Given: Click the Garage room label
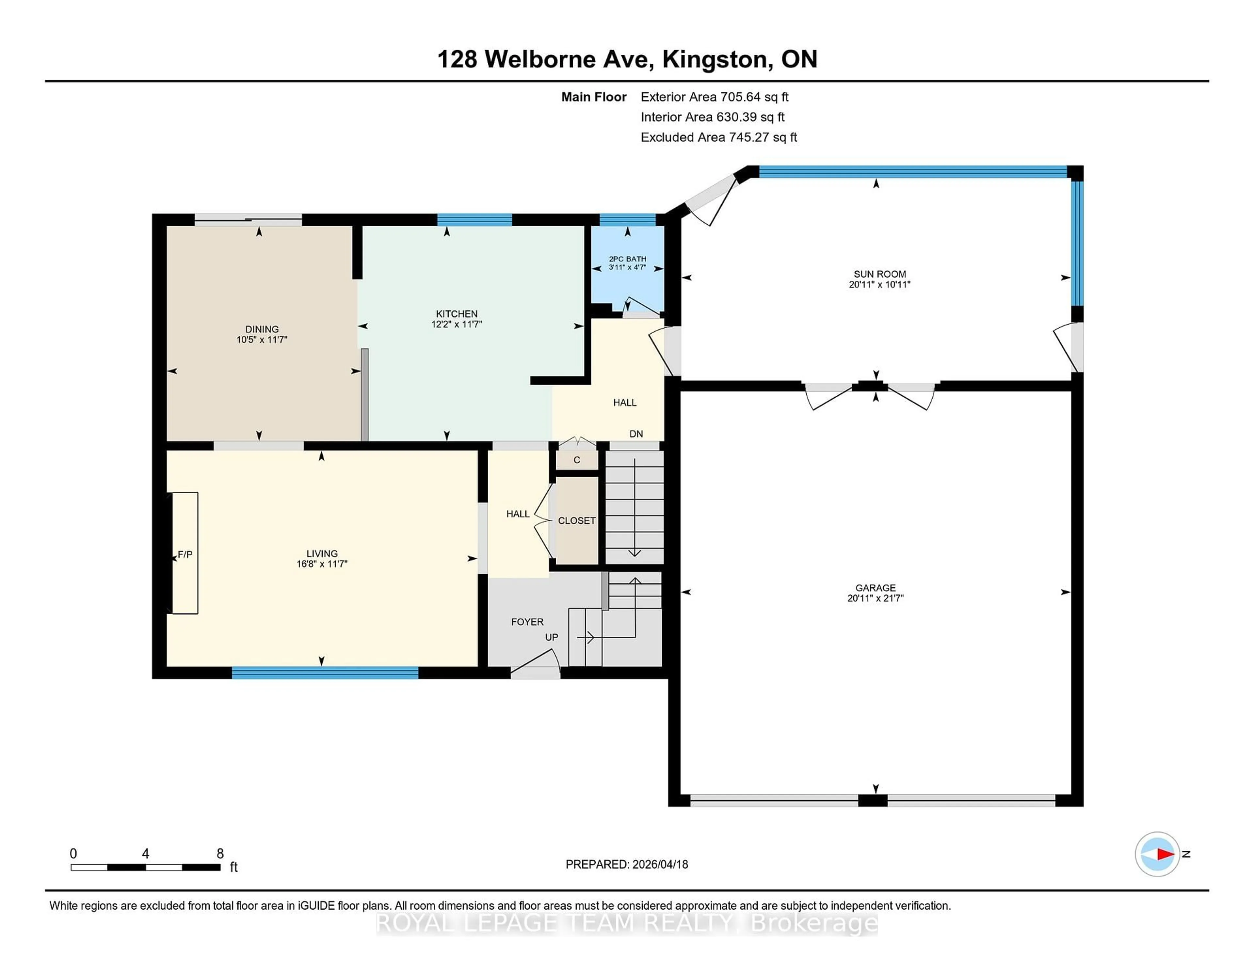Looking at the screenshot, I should pyautogui.click(x=875, y=587).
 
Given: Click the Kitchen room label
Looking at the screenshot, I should pyautogui.click(x=457, y=313).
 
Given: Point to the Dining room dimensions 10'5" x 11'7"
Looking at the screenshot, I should pyautogui.click(x=262, y=339).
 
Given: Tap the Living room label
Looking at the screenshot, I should pyautogui.click(x=322, y=553).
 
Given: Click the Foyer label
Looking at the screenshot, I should pyautogui.click(x=527, y=622).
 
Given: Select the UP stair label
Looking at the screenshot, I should pyautogui.click(x=551, y=637).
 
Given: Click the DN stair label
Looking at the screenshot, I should pyautogui.click(x=635, y=434).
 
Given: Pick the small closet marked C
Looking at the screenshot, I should pyautogui.click(x=576, y=460).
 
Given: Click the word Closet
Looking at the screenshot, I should pyautogui.click(x=576, y=521).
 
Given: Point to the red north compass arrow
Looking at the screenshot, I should pyautogui.click(x=1165, y=854).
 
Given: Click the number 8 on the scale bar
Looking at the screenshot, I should pyautogui.click(x=220, y=854).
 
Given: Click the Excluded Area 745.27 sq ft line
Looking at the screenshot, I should pyautogui.click(x=718, y=137).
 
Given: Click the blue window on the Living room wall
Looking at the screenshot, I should pyautogui.click(x=325, y=673).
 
